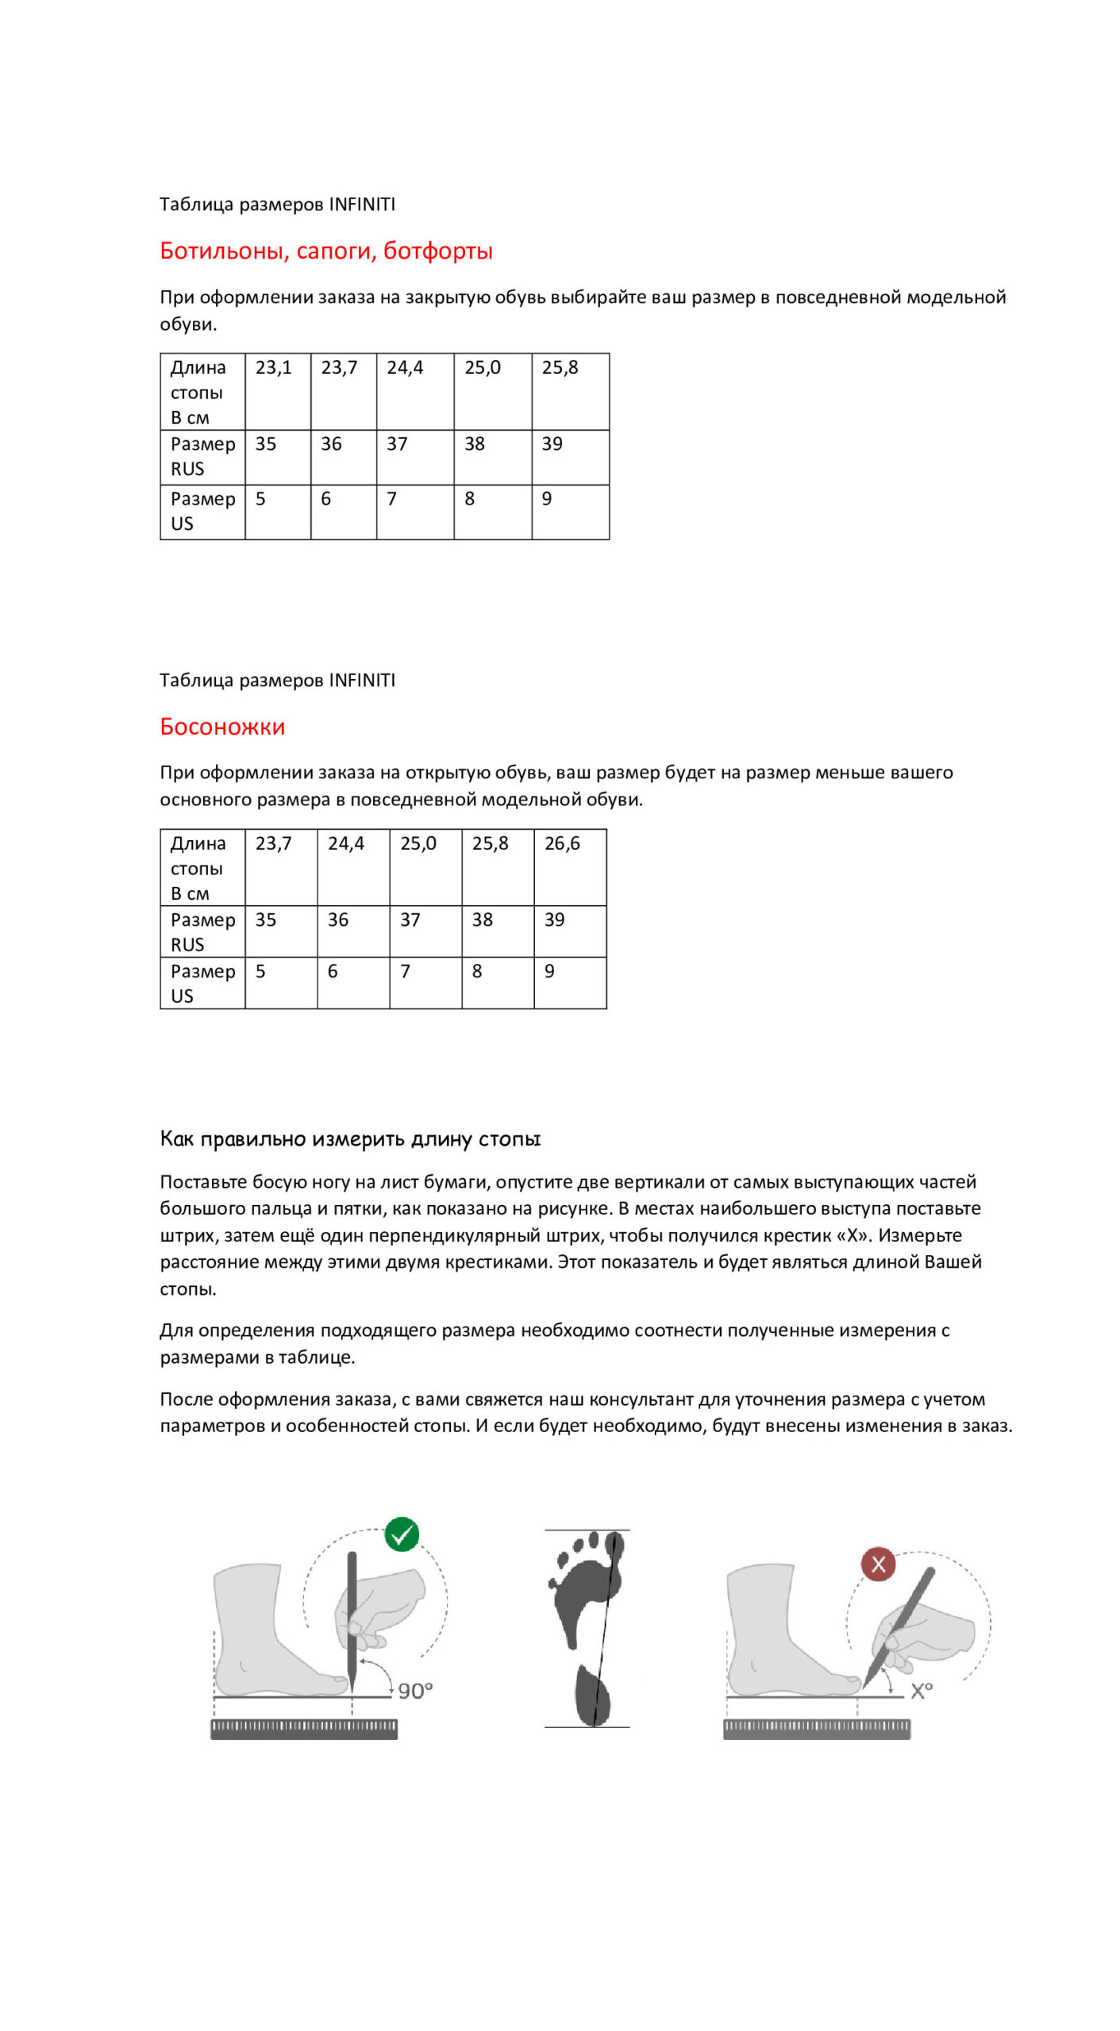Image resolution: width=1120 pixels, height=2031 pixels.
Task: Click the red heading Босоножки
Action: (x=222, y=727)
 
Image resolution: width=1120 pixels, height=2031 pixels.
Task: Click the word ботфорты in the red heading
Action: (x=437, y=251)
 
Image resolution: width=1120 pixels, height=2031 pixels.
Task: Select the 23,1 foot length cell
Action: (x=277, y=391)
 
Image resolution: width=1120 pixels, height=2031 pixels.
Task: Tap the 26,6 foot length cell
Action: (x=569, y=867)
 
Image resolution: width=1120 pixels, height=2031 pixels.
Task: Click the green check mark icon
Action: (x=402, y=1534)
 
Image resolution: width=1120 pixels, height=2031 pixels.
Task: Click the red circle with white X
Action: (x=878, y=1564)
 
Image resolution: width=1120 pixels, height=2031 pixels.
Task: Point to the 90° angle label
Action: (x=415, y=1691)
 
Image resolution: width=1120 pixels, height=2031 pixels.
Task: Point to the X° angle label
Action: (x=921, y=1691)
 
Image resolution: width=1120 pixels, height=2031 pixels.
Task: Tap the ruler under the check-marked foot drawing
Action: (x=303, y=1729)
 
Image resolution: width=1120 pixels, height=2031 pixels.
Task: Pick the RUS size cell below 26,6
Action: (x=569, y=931)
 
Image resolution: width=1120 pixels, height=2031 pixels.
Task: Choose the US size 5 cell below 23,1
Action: (x=277, y=512)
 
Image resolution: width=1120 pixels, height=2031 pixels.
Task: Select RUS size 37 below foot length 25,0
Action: (x=425, y=931)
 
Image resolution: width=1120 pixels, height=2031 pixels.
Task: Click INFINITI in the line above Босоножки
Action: (x=361, y=680)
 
